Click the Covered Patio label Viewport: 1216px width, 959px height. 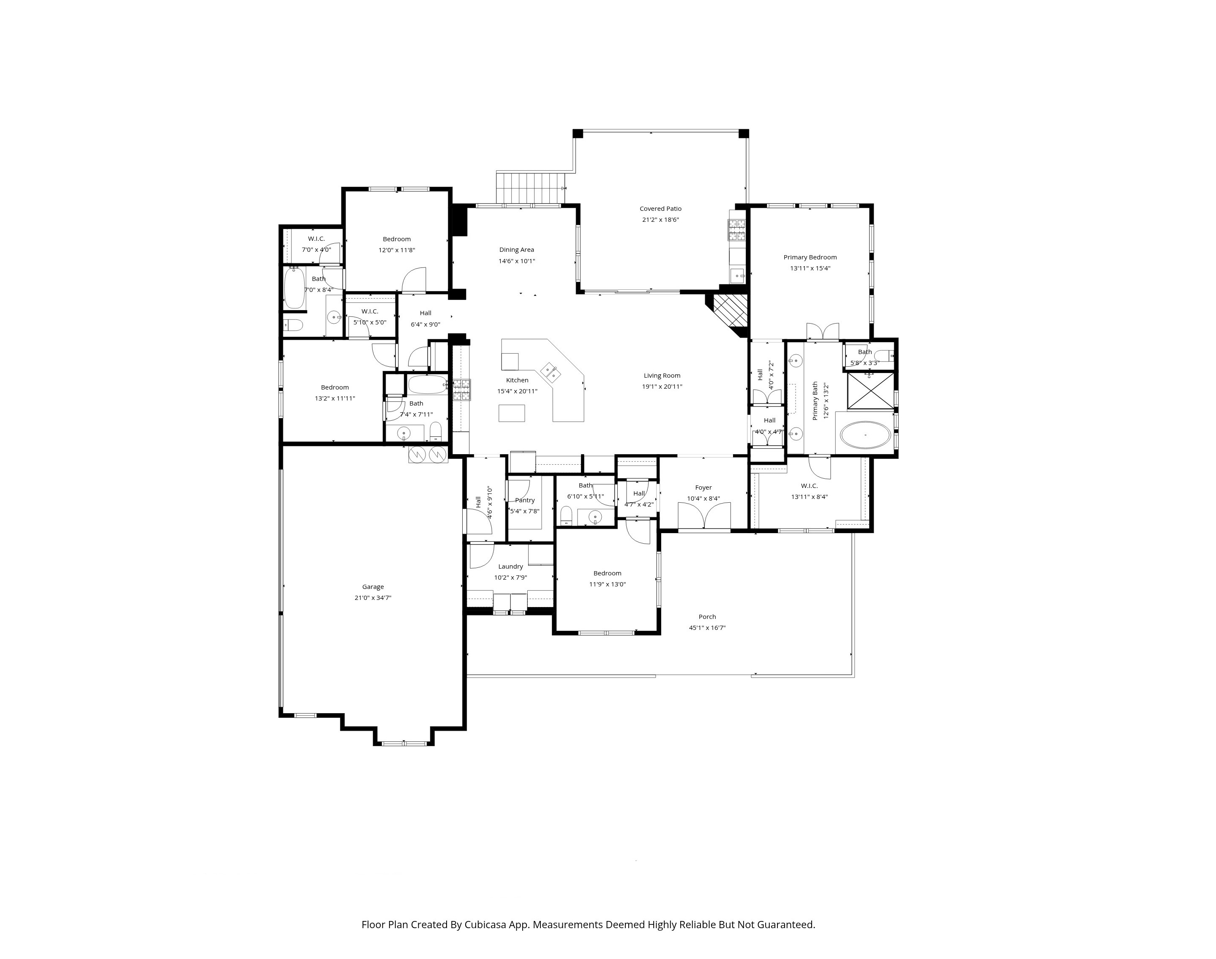pyautogui.click(x=660, y=209)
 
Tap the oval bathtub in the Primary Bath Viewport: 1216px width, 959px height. pyautogui.click(x=865, y=435)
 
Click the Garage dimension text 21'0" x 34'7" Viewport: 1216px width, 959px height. pyautogui.click(x=373, y=598)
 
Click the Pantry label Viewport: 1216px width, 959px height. pyautogui.click(x=525, y=500)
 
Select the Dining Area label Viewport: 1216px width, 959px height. pyautogui.click(x=516, y=250)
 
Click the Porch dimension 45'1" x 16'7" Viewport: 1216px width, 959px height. pyautogui.click(x=707, y=628)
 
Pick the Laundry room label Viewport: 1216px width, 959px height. pyautogui.click(x=510, y=567)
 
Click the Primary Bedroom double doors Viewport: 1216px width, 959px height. pyautogui.click(x=823, y=331)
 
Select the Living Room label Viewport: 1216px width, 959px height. pyautogui.click(x=662, y=376)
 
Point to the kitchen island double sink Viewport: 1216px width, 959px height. pyautogui.click(x=549, y=371)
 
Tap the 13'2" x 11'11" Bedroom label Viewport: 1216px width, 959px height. pyautogui.click(x=335, y=387)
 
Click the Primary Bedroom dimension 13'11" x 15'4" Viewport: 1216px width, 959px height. pyautogui.click(x=810, y=268)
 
